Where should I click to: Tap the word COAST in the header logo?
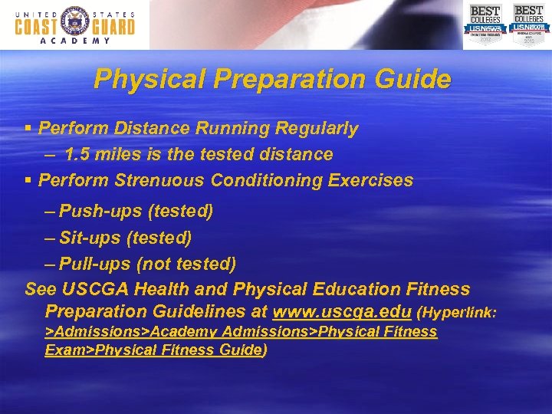tap(36, 26)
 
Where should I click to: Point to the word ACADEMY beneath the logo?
tap(74, 41)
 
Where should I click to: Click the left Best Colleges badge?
tap(485, 24)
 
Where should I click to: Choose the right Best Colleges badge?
tap(528, 24)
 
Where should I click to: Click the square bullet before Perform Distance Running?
tap(28, 129)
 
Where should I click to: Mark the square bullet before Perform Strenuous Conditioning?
tap(28, 181)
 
